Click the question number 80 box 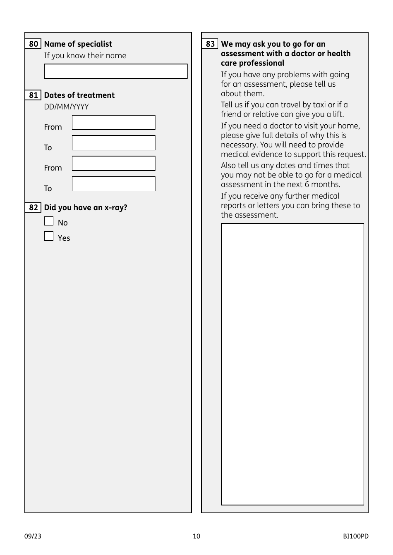[x=33, y=44]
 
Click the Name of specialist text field [x=116, y=71]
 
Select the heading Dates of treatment [x=79, y=95]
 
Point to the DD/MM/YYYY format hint [x=66, y=107]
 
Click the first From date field [x=114, y=123]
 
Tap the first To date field [x=114, y=143]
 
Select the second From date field [x=114, y=164]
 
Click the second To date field [x=114, y=184]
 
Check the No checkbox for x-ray [x=49, y=221]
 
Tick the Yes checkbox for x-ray [x=49, y=236]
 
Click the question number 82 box [x=33, y=207]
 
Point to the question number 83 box [x=210, y=44]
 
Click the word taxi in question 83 [x=319, y=105]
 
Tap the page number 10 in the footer [x=196, y=536]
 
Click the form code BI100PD [x=355, y=536]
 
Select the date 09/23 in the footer [x=33, y=536]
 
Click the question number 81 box [x=33, y=95]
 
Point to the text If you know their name [x=85, y=56]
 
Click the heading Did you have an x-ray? [x=86, y=207]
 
